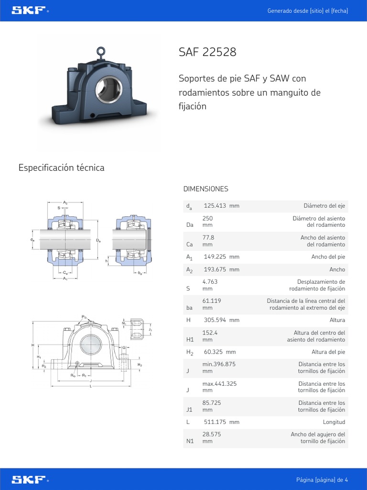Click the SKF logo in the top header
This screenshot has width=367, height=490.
(29, 11)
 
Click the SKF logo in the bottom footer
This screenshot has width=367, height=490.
(29, 479)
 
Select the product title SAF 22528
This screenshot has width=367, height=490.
(207, 52)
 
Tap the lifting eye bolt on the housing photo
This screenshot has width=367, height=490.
(101, 51)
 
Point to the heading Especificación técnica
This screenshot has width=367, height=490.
(61, 167)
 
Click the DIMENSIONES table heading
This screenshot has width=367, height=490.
(205, 189)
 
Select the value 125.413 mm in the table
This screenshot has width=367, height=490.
(221, 206)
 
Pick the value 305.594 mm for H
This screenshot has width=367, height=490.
(221, 320)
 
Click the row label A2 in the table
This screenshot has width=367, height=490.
(189, 270)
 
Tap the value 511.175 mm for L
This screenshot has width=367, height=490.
(221, 422)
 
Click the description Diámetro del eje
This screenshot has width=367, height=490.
(324, 206)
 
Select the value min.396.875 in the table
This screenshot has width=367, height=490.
(219, 364)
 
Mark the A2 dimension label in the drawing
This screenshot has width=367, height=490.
(65, 203)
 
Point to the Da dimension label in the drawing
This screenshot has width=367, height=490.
(98, 240)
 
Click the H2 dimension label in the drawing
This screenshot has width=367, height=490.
(140, 365)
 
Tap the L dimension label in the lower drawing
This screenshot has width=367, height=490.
(90, 386)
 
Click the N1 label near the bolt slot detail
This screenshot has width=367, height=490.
(124, 323)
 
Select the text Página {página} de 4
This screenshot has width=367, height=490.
(322, 479)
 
